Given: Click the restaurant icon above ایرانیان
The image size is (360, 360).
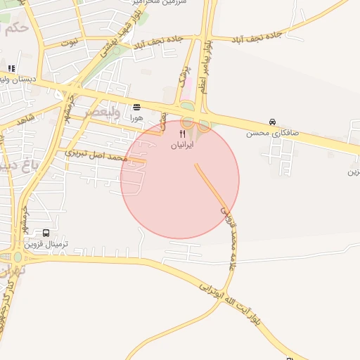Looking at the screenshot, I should [183, 133].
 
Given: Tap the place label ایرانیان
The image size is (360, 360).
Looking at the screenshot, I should [183, 145].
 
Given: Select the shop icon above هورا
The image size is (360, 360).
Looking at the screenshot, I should [136, 107].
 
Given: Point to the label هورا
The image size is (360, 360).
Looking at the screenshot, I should [136, 118].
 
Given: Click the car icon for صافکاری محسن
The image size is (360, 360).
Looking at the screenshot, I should [272, 121].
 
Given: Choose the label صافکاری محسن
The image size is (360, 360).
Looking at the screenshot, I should [272, 132].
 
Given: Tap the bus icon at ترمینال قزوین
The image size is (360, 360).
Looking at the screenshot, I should [46, 233].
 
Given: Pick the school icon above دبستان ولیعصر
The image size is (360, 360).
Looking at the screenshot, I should [11, 68].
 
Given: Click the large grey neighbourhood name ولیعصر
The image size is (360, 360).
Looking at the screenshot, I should [98, 111].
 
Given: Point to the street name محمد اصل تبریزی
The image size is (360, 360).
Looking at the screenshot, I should [96, 155].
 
